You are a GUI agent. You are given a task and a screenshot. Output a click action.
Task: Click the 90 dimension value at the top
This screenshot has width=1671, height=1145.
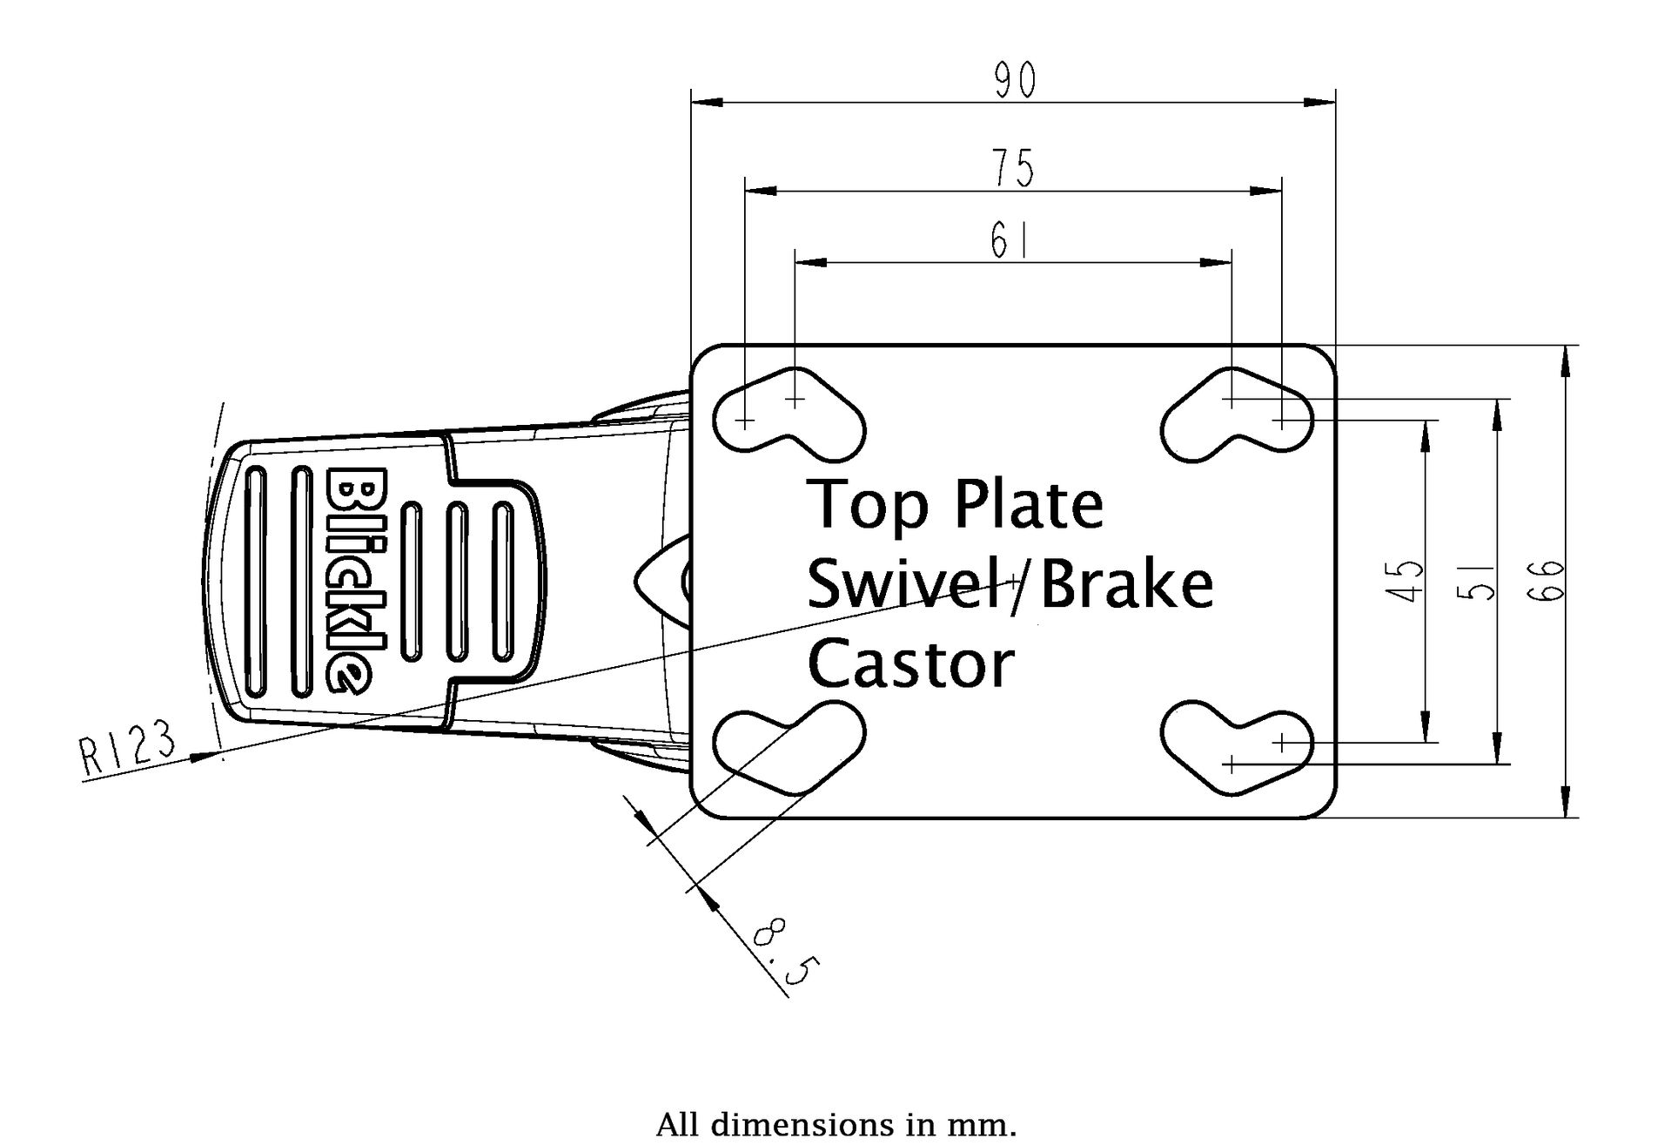pyautogui.click(x=1015, y=81)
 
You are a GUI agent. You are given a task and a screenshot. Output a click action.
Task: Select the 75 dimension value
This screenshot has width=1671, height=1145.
pyautogui.click(x=1014, y=168)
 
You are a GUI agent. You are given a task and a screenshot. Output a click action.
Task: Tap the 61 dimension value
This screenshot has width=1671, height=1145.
pyautogui.click(x=1010, y=241)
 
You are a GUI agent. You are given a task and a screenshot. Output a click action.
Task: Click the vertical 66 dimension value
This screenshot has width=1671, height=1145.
pyautogui.click(x=1550, y=581)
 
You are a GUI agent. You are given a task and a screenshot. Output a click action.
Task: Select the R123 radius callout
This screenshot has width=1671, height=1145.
pyautogui.click(x=127, y=747)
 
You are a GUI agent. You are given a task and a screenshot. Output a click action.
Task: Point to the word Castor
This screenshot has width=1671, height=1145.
pyautogui.click(x=910, y=663)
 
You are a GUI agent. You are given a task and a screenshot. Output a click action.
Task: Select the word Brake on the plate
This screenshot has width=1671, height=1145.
pyautogui.click(x=1126, y=584)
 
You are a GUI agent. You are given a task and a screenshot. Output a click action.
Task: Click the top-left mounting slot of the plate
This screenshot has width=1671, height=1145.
pyautogui.click(x=789, y=414)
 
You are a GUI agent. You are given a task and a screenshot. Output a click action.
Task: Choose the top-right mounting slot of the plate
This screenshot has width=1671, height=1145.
pyautogui.click(x=1237, y=414)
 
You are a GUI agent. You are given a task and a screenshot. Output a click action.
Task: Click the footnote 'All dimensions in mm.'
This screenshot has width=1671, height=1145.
pyautogui.click(x=835, y=1124)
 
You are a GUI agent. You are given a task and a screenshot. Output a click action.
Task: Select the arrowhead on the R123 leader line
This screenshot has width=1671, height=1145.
pyautogui.click(x=204, y=756)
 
